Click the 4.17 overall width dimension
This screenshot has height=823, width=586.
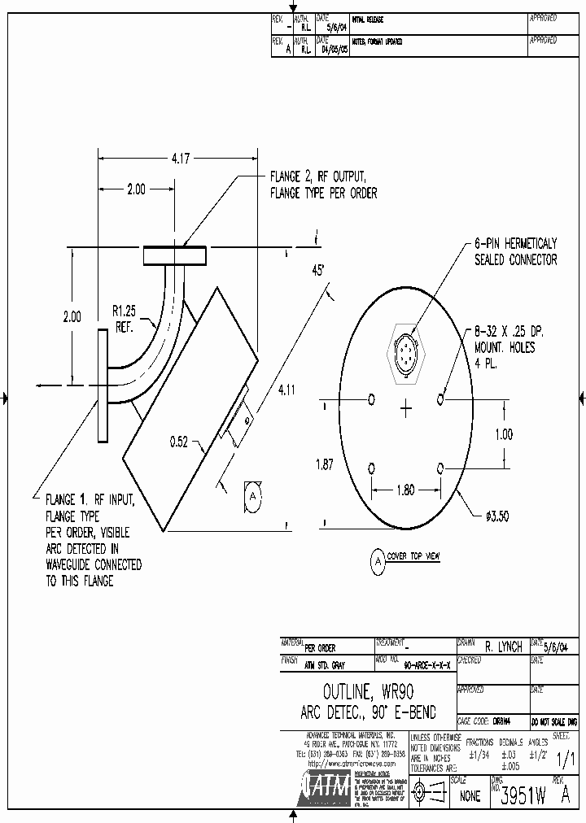click(180, 159)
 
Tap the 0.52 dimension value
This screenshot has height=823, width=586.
click(180, 442)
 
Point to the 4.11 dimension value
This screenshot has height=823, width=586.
click(286, 390)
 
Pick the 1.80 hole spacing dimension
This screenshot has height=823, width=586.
click(405, 490)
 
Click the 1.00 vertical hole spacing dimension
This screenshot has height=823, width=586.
click(504, 434)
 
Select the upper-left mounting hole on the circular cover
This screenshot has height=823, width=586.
click(372, 398)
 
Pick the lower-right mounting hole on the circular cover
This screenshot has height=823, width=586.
click(441, 468)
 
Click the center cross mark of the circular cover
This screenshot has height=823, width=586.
click(406, 409)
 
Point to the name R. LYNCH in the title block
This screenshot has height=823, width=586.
click(502, 647)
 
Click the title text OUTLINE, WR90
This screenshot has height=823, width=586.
click(368, 693)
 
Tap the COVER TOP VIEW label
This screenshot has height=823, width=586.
click(413, 556)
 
